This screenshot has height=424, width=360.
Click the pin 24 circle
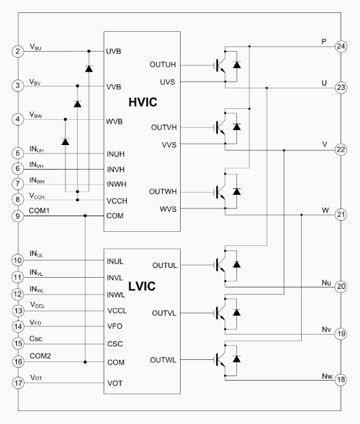coord(341,46)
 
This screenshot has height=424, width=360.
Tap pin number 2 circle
coord(18,51)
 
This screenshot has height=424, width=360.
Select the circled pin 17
coord(18,383)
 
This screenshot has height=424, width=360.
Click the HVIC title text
coord(143,102)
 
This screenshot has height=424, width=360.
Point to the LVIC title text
coord(142,286)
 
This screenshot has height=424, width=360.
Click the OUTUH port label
coord(163,65)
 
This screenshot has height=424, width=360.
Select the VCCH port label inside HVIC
coord(117,201)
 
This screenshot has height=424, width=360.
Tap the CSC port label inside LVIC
coord(115,344)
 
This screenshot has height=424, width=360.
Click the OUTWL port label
coord(163,360)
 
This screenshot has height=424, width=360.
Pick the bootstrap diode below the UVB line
coord(89,69)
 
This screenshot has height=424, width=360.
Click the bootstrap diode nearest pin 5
coord(65,141)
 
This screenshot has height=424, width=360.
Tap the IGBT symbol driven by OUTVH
coord(220,127)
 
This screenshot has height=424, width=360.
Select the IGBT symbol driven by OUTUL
coord(220,265)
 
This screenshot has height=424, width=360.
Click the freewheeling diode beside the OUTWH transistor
coord(237,192)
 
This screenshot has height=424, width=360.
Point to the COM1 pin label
coord(39,210)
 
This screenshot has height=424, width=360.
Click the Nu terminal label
coord(326,283)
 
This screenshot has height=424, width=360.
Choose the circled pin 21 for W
coord(341,215)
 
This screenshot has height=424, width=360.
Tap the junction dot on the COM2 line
coord(85,362)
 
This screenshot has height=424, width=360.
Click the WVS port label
coord(168,209)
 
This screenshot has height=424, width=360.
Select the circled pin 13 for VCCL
coord(18,311)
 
